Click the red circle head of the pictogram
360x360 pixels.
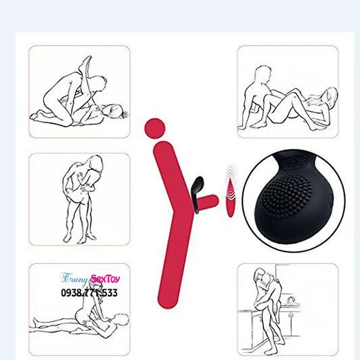pyautogui.click(x=155, y=128)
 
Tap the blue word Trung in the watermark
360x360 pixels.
pyautogui.click(x=74, y=278)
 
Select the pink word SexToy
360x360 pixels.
pyautogui.click(x=105, y=279)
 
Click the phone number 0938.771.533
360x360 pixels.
pyautogui.click(x=89, y=293)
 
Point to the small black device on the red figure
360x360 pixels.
pyautogui.click(x=197, y=193)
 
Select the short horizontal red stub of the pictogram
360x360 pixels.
pyautogui.click(x=208, y=201)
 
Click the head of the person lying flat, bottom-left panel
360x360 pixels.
pyautogui.click(x=121, y=320)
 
